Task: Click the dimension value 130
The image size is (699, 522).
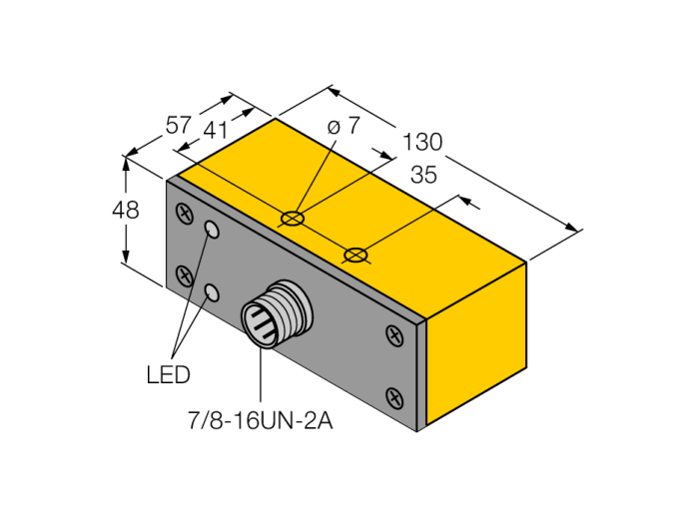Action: point(422,142)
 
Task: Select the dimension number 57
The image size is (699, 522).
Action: point(179,125)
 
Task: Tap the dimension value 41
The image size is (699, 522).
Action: point(216,131)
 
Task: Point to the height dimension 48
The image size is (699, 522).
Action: point(126,210)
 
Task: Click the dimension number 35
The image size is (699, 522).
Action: point(423,175)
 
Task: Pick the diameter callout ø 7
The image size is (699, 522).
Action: point(343,126)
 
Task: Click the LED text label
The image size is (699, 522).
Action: point(168,374)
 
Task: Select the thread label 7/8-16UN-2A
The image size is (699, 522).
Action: point(261,420)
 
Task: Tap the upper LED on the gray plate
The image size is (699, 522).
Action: point(212,230)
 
